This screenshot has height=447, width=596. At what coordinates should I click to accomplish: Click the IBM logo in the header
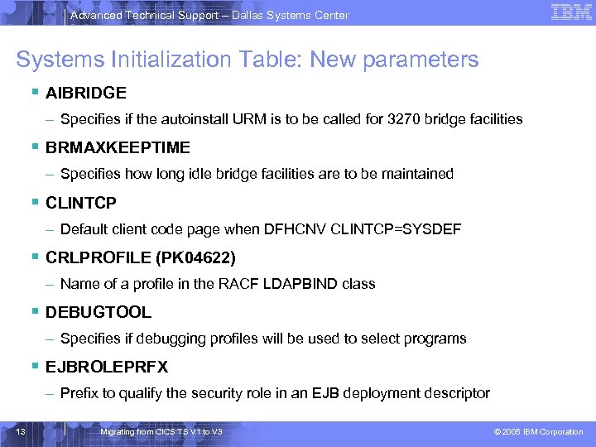pyautogui.click(x=570, y=12)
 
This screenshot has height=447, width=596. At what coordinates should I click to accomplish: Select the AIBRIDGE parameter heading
pyautogui.click(x=86, y=93)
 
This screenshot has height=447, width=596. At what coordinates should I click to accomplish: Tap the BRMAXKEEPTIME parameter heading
pyautogui.click(x=118, y=147)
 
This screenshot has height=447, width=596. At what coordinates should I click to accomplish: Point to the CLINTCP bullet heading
pyautogui.click(x=81, y=203)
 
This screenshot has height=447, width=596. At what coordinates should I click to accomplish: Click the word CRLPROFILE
pyautogui.click(x=98, y=257)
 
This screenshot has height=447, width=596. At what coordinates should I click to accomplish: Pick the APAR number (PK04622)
pyautogui.click(x=195, y=257)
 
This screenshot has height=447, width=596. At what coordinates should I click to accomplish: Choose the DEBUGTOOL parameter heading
pyautogui.click(x=99, y=312)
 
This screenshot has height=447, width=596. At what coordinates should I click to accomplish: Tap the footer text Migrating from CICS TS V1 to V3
pyautogui.click(x=161, y=432)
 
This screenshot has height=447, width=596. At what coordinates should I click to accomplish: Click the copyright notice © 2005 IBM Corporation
pyautogui.click(x=538, y=432)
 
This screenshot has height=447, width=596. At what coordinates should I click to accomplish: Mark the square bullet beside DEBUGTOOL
pyautogui.click(x=36, y=312)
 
